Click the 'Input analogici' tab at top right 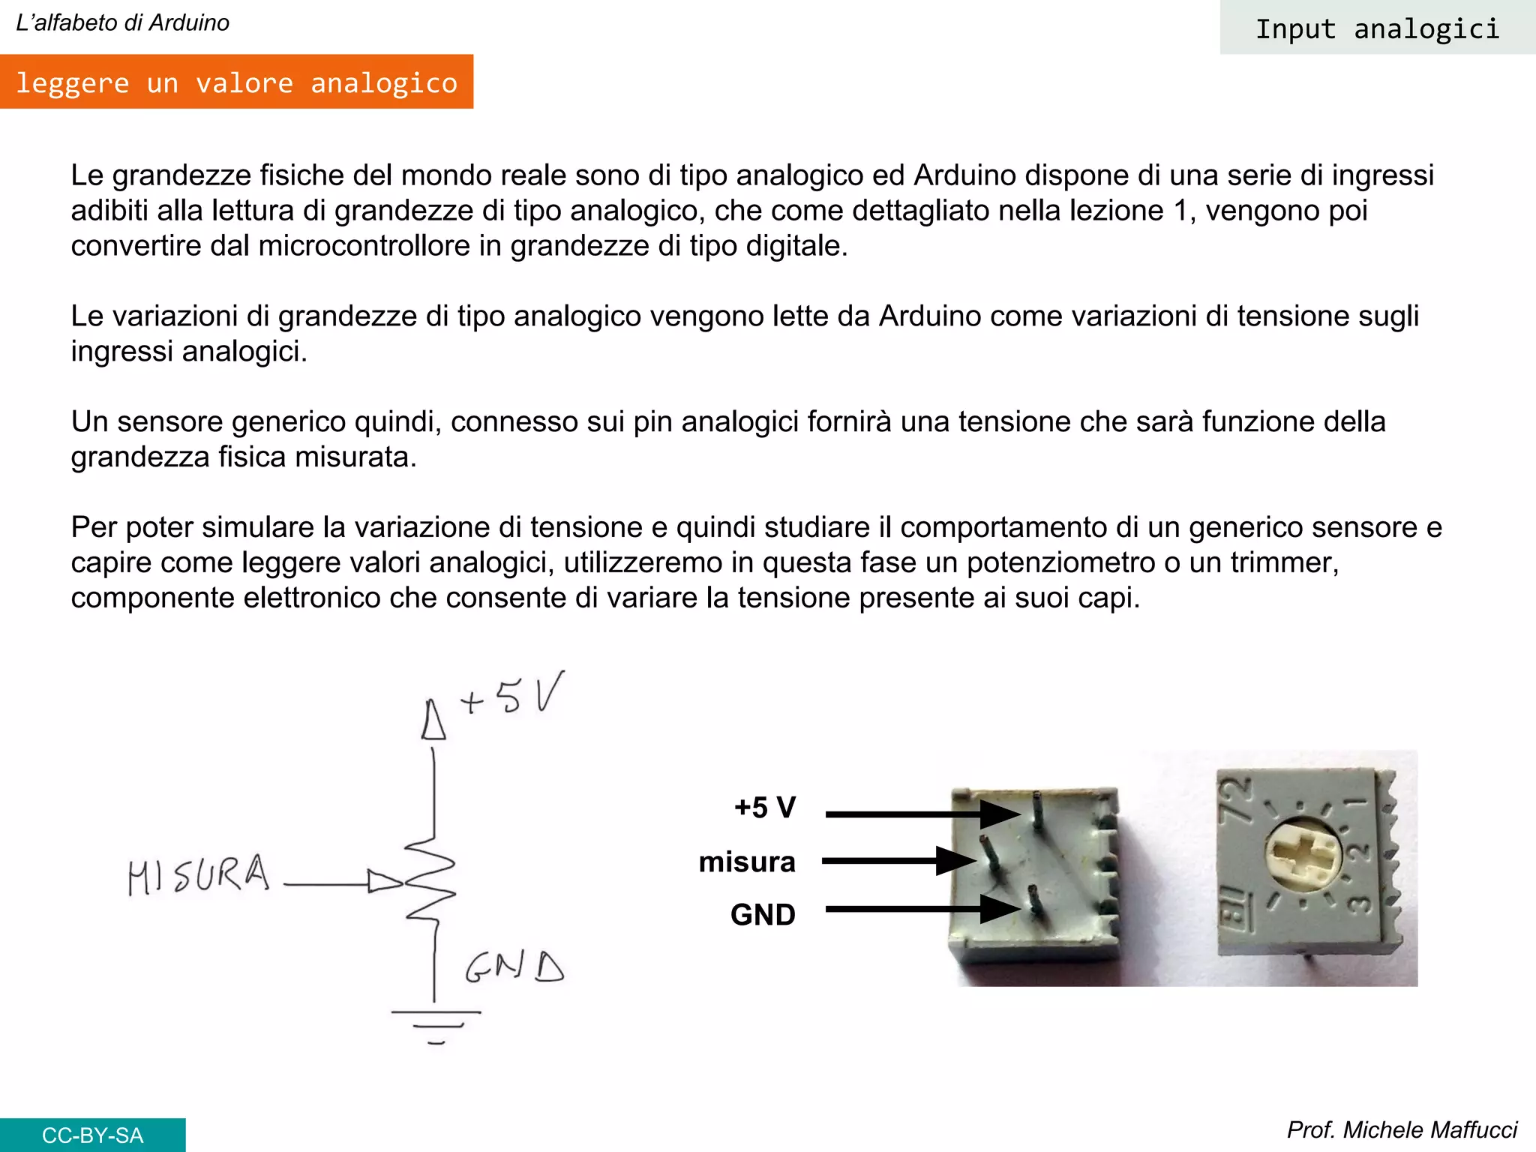tap(1377, 28)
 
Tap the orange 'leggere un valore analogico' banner tap(236, 82)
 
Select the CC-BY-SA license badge tap(92, 1135)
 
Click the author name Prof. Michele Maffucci tap(1401, 1129)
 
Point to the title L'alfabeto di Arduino tap(122, 22)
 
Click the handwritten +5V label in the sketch tap(513, 694)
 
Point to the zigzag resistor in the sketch tap(431, 881)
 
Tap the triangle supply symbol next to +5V tap(433, 721)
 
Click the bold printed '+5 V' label tap(764, 808)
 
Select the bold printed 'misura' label tap(746, 862)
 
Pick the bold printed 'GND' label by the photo tap(762, 915)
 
